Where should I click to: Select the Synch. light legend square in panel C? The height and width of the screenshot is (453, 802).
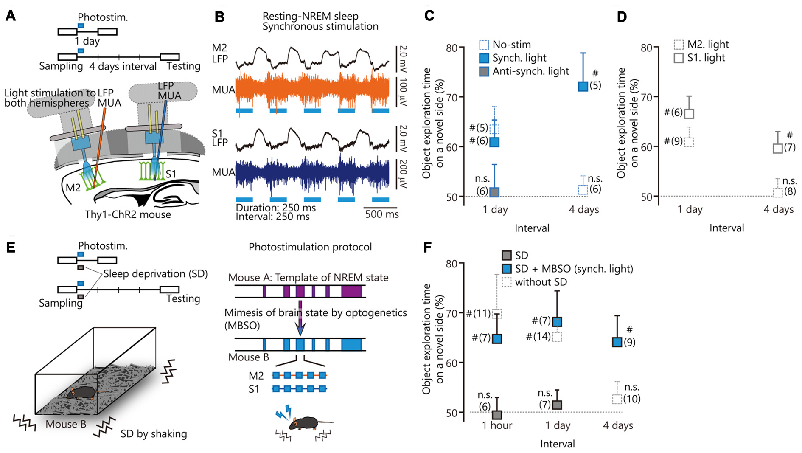[484, 58]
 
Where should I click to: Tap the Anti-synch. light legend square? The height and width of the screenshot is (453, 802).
[484, 71]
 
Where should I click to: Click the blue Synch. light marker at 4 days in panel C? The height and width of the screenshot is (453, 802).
[583, 86]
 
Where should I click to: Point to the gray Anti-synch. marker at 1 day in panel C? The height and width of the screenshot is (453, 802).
[494, 192]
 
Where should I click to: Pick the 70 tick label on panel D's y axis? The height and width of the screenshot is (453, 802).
[646, 97]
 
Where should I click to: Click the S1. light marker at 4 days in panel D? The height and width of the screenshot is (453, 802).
[777, 148]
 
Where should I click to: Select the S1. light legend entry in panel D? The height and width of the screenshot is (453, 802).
[700, 58]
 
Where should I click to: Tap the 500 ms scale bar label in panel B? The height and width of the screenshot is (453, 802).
[381, 214]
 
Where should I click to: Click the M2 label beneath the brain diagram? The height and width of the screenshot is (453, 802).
[73, 188]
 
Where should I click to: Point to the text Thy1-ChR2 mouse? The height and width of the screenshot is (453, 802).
[128, 214]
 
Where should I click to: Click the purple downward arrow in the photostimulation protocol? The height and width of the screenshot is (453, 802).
[300, 318]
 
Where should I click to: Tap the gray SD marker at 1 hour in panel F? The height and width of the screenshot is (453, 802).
[496, 414]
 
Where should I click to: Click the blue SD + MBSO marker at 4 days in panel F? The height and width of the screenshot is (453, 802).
[617, 342]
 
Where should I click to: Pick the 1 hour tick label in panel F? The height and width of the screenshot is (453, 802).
[497, 425]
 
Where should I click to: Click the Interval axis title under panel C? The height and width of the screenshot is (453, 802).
[532, 228]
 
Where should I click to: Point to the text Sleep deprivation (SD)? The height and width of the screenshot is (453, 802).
[155, 274]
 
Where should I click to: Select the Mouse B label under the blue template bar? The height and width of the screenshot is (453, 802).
[249, 357]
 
